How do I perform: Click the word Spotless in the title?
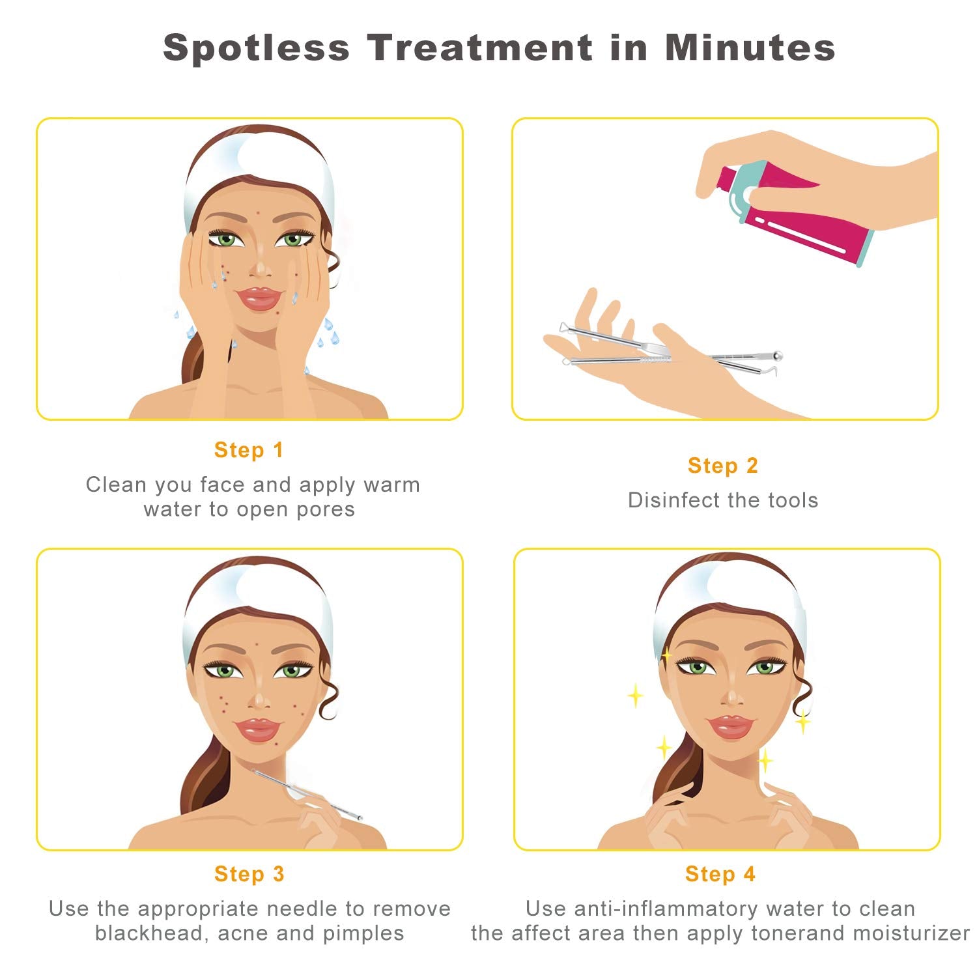click(x=257, y=48)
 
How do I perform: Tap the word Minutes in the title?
click(x=750, y=47)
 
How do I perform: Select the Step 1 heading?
click(x=249, y=450)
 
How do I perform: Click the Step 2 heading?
click(x=723, y=466)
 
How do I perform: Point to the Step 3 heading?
click(x=249, y=874)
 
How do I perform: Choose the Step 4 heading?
click(x=720, y=874)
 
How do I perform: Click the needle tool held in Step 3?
click(x=307, y=794)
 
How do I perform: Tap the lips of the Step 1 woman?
click(x=260, y=298)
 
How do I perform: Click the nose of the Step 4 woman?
click(x=731, y=696)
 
